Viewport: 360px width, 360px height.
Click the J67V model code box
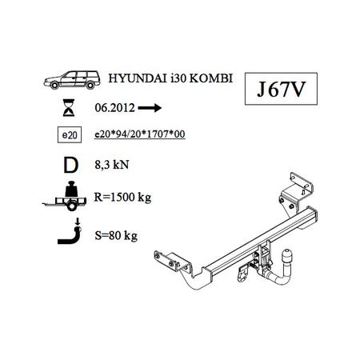[x=281, y=89]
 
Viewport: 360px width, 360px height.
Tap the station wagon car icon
[x=72, y=80]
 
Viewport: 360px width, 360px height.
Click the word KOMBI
[x=211, y=78]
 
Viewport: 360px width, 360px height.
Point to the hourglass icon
[x=69, y=107]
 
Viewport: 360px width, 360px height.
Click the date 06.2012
[x=114, y=108]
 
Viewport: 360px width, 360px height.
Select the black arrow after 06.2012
[x=150, y=108]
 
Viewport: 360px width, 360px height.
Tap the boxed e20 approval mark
[x=70, y=135]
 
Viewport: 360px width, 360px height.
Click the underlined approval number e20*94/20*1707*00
[x=140, y=134]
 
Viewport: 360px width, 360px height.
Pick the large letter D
[x=70, y=166]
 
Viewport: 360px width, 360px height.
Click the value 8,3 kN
[x=112, y=165]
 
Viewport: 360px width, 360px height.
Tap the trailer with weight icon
[x=65, y=196]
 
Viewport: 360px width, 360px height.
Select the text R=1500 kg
[x=122, y=198]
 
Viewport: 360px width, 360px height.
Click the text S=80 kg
[x=116, y=235]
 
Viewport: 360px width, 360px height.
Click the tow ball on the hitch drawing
[x=286, y=257]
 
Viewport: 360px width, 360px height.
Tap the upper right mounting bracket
[x=295, y=193]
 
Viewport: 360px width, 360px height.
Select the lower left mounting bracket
[x=172, y=262]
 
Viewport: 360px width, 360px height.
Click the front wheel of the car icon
[x=54, y=86]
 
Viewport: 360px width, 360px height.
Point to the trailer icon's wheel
[x=71, y=206]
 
